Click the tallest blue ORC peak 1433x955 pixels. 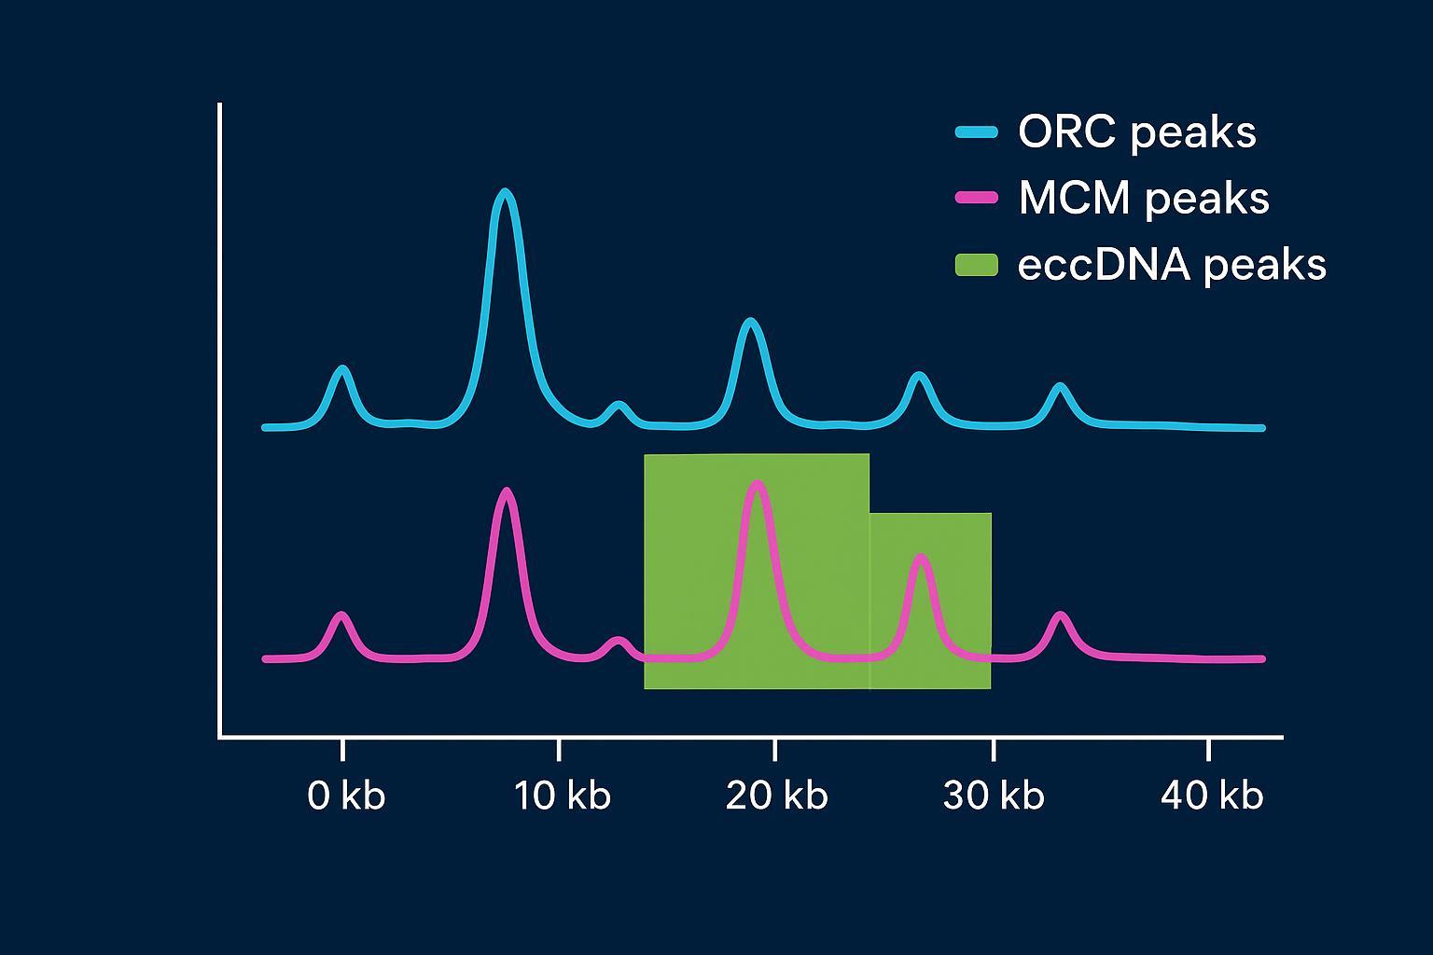[505, 195]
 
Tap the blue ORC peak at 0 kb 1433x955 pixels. [342, 371]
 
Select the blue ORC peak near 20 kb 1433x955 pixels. [750, 324]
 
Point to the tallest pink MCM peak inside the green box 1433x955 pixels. [757, 486]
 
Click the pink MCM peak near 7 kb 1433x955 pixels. [506, 492]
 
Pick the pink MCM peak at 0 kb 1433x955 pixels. [341, 616]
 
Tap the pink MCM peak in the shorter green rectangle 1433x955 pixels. [921, 560]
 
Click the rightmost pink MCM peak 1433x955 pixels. [1059, 616]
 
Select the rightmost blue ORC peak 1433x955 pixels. [1059, 387]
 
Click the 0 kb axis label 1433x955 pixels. [346, 796]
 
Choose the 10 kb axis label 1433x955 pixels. [563, 796]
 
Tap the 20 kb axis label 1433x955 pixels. [777, 796]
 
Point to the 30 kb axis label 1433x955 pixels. [994, 796]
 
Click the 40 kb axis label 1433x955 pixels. [1211, 796]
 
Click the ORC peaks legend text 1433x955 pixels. [1136, 132]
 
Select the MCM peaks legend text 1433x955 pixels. [1144, 199]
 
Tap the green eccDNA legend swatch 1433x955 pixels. [976, 265]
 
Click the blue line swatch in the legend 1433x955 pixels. [976, 132]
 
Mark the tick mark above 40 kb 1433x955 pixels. [1208, 749]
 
